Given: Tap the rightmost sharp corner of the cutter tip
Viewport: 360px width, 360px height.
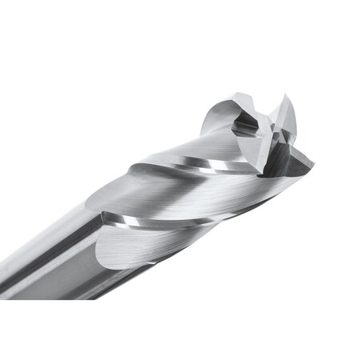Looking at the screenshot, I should click(313, 166).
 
